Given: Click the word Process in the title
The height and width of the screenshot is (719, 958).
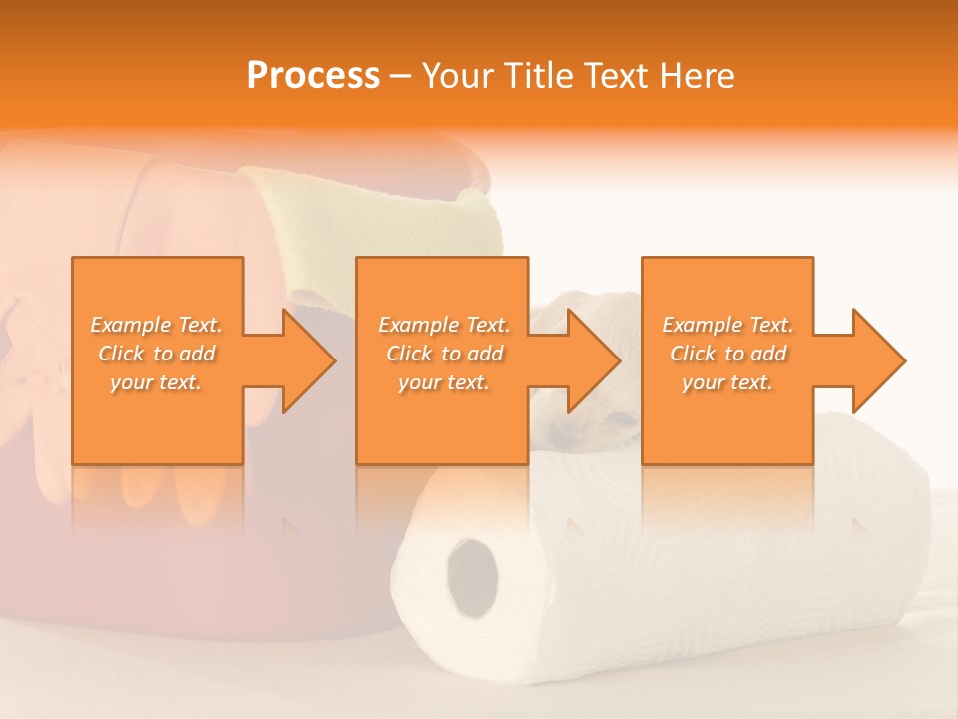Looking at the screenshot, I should click(x=313, y=76).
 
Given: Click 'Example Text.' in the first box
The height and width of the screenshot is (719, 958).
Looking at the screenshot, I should click(x=156, y=325).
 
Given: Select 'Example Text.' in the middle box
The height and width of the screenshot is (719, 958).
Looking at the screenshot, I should click(x=444, y=325).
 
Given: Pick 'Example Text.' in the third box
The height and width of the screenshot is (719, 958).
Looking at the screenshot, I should click(x=727, y=325).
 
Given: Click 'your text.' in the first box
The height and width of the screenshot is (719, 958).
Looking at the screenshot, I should click(x=156, y=382).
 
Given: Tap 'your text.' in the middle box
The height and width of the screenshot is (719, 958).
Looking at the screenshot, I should click(x=444, y=382).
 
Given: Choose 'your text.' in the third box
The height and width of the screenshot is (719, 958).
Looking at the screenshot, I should click(x=727, y=382).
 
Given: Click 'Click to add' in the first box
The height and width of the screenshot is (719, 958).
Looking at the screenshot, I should click(x=156, y=354).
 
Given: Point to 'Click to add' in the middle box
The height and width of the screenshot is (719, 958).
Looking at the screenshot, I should click(x=444, y=354).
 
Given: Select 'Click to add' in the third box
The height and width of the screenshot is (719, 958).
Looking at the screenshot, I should click(x=727, y=354).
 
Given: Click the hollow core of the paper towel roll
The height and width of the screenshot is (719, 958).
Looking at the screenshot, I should click(x=472, y=576).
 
